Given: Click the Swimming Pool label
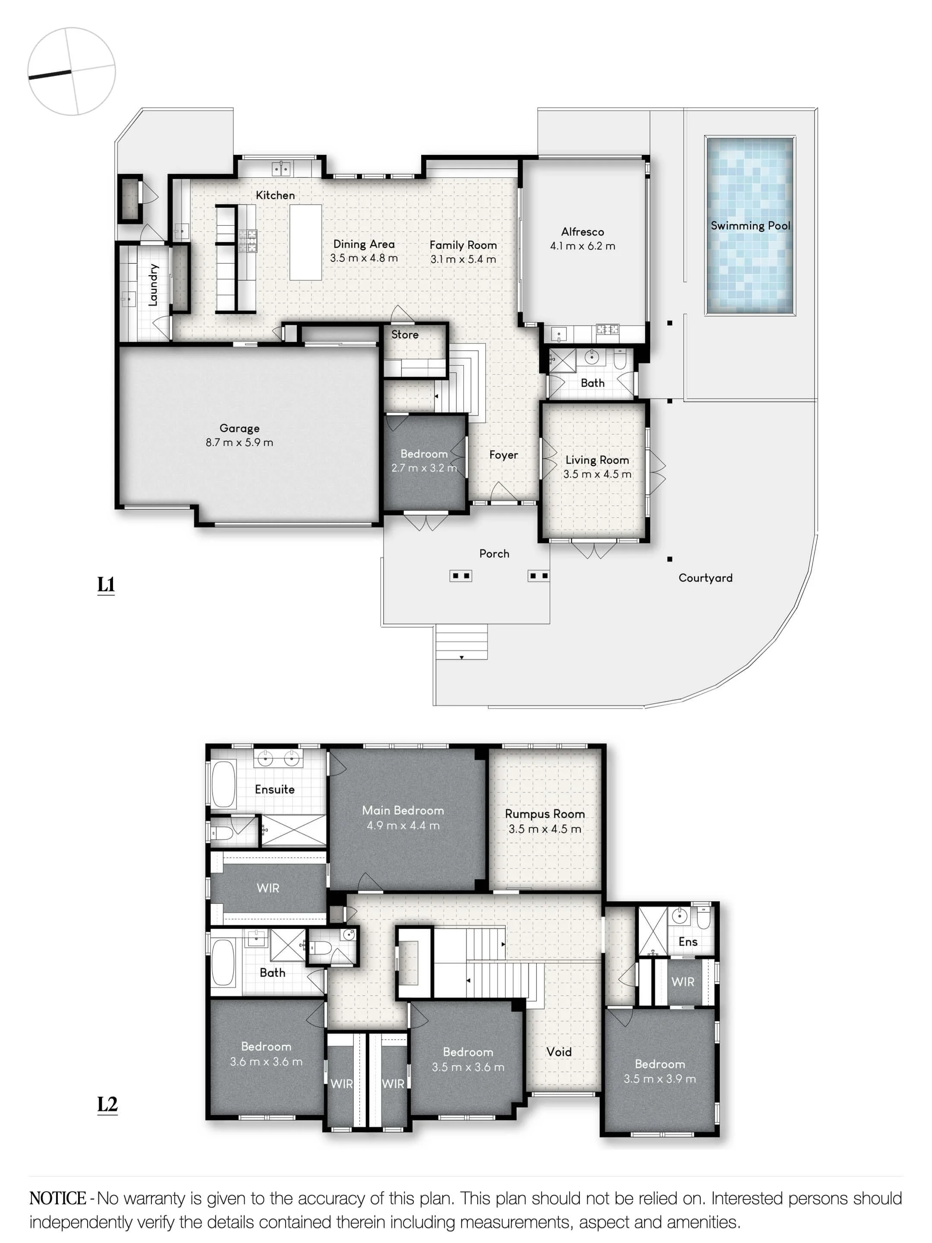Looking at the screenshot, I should tap(750, 225).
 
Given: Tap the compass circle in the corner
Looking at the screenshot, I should tap(71, 71).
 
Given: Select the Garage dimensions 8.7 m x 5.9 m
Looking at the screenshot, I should tap(239, 442).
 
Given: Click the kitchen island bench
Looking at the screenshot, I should tap(305, 242).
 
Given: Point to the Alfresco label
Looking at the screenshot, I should tap(582, 231).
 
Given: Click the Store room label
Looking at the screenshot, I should tap(404, 334).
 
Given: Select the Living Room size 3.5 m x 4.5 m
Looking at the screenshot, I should tap(597, 474).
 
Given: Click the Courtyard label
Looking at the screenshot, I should tap(705, 577).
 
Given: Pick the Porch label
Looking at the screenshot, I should tap(494, 553).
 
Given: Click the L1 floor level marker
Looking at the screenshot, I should tap(106, 584).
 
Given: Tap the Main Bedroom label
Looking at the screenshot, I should tap(403, 810).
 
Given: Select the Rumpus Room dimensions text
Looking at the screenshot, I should tap(545, 829).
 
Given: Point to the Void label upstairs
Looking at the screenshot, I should tap(559, 1052).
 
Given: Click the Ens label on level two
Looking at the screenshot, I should tap(688, 942).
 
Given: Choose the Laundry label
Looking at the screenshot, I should tap(153, 285).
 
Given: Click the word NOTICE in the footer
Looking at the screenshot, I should tap(58, 1198).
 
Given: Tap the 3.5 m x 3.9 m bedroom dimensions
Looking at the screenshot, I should tap(660, 1079).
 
